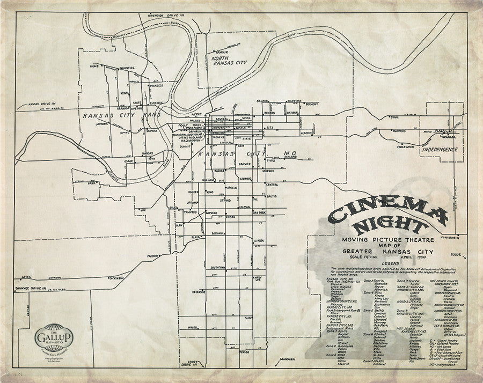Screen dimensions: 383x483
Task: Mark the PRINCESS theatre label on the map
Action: (x=156, y=85)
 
